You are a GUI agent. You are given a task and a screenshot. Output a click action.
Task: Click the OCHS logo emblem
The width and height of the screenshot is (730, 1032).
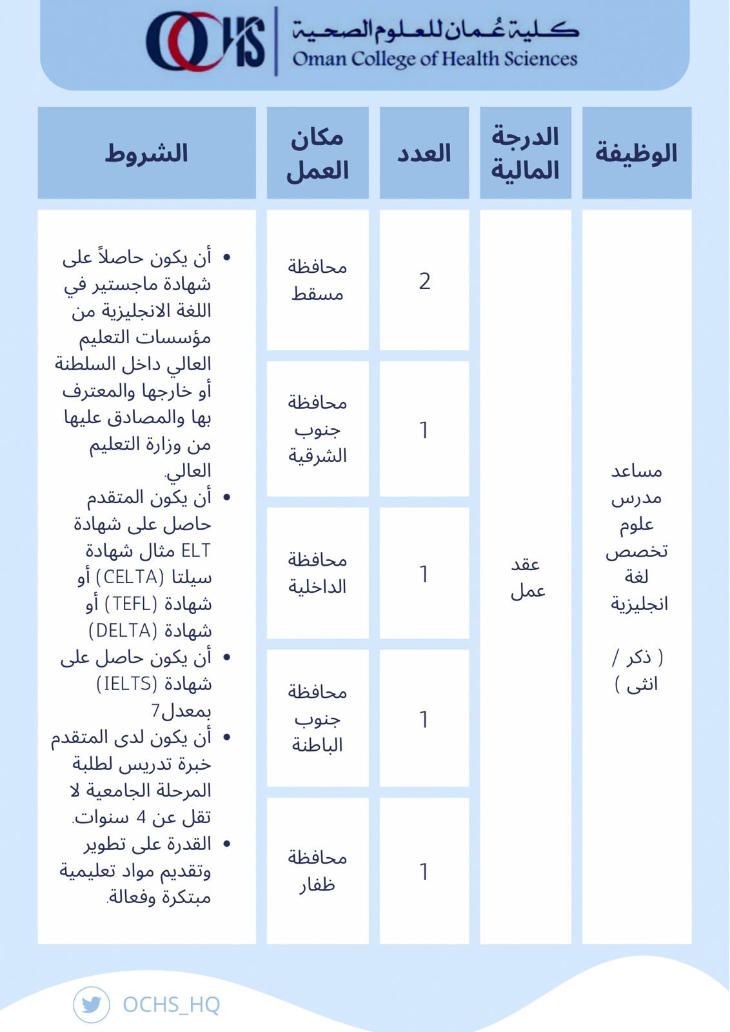[x=205, y=42]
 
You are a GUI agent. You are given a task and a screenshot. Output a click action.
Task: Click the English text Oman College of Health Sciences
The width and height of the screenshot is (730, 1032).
[x=435, y=59]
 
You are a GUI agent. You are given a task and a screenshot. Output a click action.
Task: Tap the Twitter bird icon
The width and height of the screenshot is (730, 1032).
[x=92, y=1004]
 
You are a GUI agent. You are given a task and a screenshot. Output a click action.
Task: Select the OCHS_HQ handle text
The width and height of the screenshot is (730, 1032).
[x=171, y=1004]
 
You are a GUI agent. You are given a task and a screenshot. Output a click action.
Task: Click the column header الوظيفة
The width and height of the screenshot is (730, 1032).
[x=636, y=153]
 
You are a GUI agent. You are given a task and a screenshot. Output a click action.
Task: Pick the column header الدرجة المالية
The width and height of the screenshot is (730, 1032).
[x=525, y=153]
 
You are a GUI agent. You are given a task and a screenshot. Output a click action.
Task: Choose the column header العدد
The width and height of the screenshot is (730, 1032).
[x=424, y=153]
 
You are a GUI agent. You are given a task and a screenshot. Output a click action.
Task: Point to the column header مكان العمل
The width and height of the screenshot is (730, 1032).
[x=317, y=153]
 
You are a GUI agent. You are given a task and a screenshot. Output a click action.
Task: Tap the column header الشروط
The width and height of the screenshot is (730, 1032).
[x=146, y=153]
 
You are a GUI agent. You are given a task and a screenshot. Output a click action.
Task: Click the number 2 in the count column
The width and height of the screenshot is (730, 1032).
[x=424, y=281]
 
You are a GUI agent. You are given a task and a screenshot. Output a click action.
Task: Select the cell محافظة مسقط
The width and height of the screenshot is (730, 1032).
[x=317, y=280]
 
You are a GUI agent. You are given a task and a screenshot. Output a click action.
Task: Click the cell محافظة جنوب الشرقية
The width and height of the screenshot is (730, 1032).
[x=317, y=429]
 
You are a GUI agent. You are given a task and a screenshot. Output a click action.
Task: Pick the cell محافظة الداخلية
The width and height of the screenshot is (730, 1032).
[x=317, y=573]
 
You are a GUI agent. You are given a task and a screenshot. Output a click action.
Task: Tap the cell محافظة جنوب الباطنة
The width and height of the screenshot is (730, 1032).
[x=317, y=718]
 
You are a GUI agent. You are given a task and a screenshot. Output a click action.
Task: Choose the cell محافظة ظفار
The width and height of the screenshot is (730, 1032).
[x=317, y=871]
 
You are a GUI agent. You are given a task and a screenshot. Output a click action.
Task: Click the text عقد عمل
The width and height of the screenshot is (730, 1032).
[x=527, y=577]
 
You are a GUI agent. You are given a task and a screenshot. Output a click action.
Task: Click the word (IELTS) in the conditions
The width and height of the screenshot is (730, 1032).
[x=126, y=683]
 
